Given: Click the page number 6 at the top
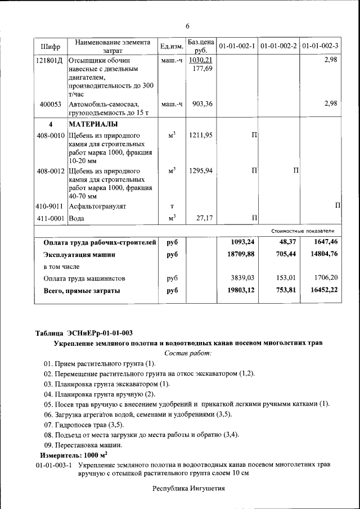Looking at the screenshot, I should pyautogui.click(x=188, y=26).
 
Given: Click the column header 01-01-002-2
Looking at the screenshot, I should pyautogui.click(x=278, y=46).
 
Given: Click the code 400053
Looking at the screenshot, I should pyautogui.click(x=51, y=104).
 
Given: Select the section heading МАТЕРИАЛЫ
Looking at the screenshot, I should pyautogui.click(x=93, y=124).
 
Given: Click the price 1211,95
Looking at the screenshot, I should pyautogui.click(x=201, y=136).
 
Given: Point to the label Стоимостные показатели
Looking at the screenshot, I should pyautogui.click(x=303, y=231).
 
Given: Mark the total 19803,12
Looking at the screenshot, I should pyautogui.click(x=241, y=290).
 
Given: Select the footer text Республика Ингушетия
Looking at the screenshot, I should pyautogui.click(x=188, y=488).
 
